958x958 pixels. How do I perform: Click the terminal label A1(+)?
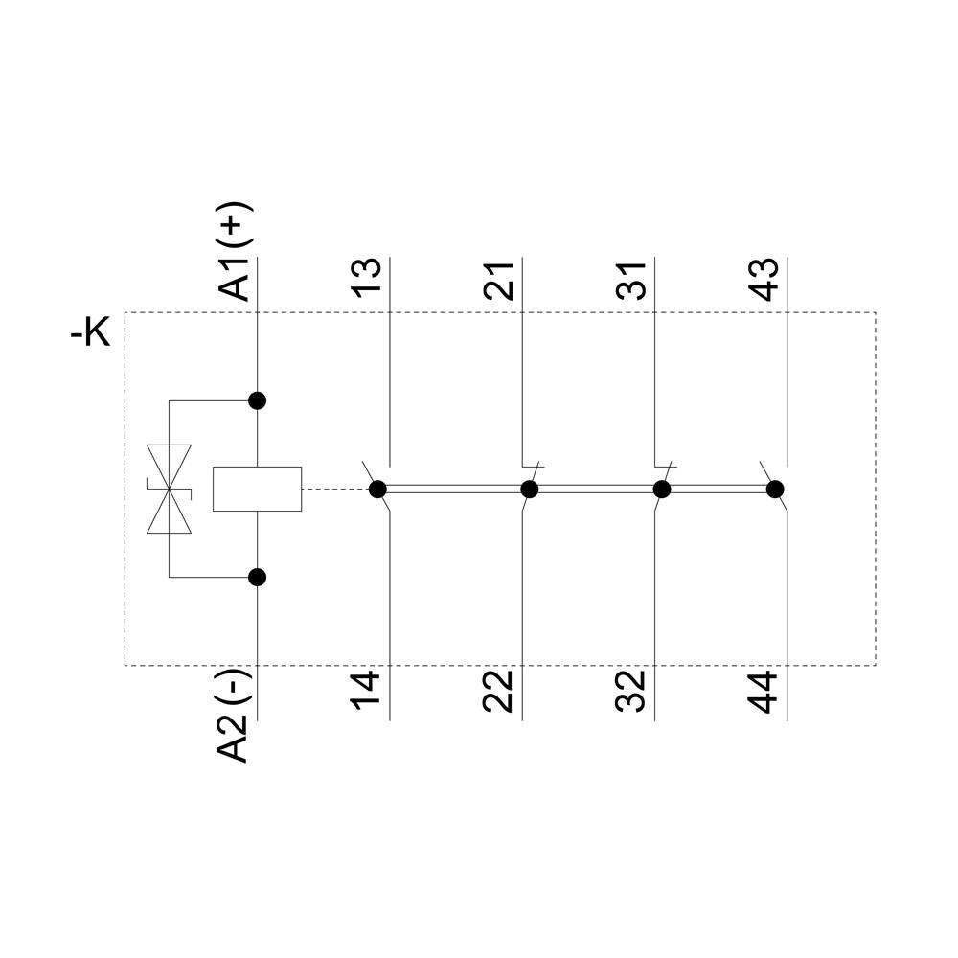click(x=236, y=251)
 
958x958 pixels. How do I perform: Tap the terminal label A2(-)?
click(x=236, y=714)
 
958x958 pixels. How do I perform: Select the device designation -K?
click(x=90, y=334)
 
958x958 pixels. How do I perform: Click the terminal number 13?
click(x=367, y=279)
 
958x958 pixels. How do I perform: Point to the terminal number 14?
click(x=367, y=690)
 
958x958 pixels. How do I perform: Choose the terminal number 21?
click(x=499, y=279)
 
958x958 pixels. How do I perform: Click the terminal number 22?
click(x=499, y=690)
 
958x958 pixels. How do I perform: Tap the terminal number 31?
click(x=631, y=279)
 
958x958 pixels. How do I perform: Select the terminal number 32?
click(x=631, y=690)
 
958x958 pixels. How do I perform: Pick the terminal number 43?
click(x=764, y=279)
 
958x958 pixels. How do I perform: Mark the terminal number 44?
click(x=764, y=690)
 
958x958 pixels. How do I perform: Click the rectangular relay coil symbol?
click(x=257, y=489)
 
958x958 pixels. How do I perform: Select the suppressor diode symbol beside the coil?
click(x=169, y=489)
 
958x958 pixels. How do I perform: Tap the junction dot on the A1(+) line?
click(x=257, y=400)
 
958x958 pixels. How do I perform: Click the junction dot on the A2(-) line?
click(x=257, y=577)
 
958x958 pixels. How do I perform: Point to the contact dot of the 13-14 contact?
click(x=377, y=490)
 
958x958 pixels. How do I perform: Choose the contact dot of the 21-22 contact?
click(x=529, y=490)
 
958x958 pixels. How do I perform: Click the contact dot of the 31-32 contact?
click(x=661, y=490)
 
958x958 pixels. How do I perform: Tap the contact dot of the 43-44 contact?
click(x=775, y=490)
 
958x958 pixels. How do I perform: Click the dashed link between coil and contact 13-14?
click(x=335, y=490)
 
